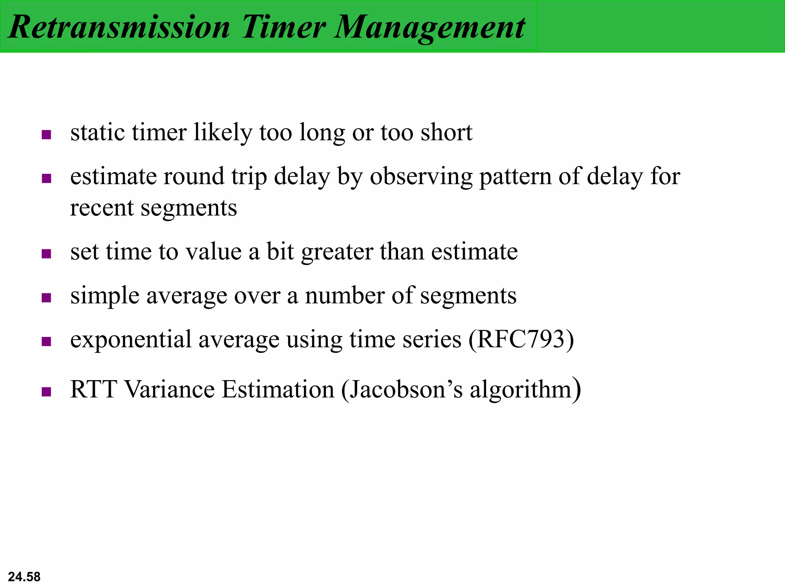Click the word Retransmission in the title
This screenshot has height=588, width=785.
(x=119, y=27)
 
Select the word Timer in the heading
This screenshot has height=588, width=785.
(x=283, y=27)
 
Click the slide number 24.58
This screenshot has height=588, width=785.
(x=24, y=577)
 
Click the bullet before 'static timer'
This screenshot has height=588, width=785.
(x=46, y=135)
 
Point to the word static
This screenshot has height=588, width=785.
(x=97, y=132)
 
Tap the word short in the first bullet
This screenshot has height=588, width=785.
(x=446, y=132)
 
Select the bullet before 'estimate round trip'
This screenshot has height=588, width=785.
(x=46, y=178)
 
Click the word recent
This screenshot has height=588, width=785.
(x=102, y=208)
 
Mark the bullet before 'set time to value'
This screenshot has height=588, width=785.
(x=46, y=254)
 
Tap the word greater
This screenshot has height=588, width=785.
(x=337, y=253)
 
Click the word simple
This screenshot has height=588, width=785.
(x=105, y=296)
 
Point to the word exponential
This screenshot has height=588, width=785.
(x=131, y=340)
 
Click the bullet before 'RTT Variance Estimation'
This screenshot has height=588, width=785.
(x=46, y=392)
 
